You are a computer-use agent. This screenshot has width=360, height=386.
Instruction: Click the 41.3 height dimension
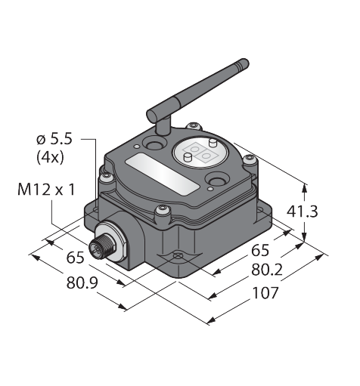tap(302, 212)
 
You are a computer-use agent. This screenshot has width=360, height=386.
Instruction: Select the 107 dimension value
tap(265, 292)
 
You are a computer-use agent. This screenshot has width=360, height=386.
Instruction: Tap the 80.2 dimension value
tap(267, 270)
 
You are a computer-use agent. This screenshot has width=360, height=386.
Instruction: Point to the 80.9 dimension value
tap(82, 283)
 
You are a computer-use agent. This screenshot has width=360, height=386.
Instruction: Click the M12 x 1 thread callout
tap(46, 190)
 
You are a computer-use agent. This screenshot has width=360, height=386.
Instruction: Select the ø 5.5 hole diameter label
tap(54, 139)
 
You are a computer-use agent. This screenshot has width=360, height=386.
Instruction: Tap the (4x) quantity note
tap(50, 158)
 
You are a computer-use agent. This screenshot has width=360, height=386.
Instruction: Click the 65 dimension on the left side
tap(75, 258)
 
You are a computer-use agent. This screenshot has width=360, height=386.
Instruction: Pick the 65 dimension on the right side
tap(260, 251)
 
